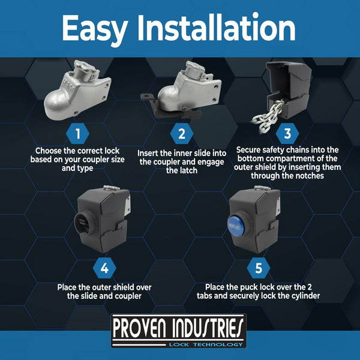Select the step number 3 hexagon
[x=287, y=132]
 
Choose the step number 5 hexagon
[x=259, y=268]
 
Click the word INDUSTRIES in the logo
[x=210, y=328]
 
